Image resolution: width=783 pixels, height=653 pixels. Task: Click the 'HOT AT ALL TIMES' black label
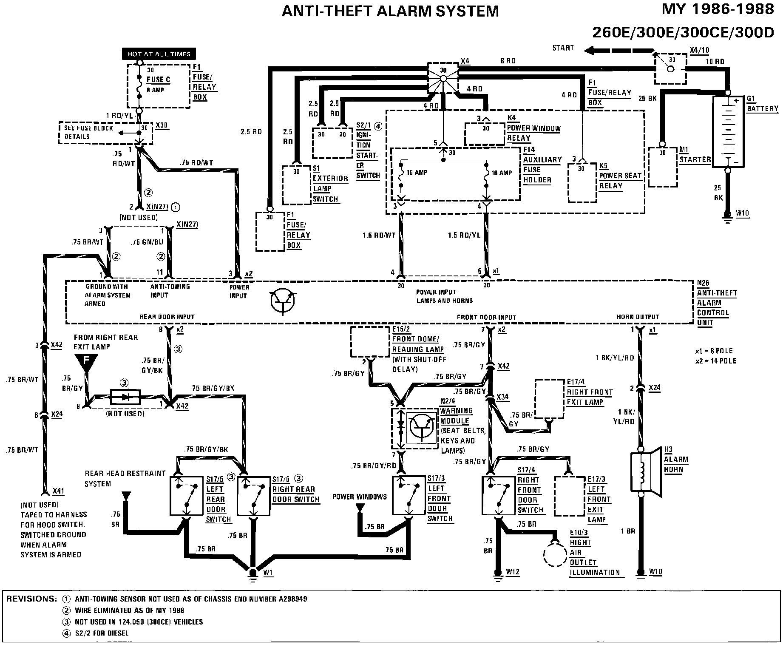pos(159,54)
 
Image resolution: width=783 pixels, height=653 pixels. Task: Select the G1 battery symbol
pos(728,132)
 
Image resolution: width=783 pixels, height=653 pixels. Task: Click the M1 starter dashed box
pos(662,167)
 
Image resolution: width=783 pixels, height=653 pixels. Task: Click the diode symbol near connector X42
pos(125,397)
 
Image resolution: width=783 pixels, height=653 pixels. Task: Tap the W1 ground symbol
pos(253,574)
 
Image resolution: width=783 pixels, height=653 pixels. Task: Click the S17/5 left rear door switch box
pos(186,496)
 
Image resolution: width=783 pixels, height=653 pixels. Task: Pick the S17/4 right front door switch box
pos(498,495)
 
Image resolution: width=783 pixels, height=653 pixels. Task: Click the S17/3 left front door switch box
pos(409,495)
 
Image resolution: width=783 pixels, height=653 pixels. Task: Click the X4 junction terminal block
pos(443,78)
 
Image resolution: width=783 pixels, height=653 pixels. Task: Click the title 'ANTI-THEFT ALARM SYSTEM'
pos(390,11)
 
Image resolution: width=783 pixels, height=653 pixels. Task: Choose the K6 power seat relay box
pos(582,183)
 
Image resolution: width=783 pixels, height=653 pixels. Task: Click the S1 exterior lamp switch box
pos(297,185)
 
